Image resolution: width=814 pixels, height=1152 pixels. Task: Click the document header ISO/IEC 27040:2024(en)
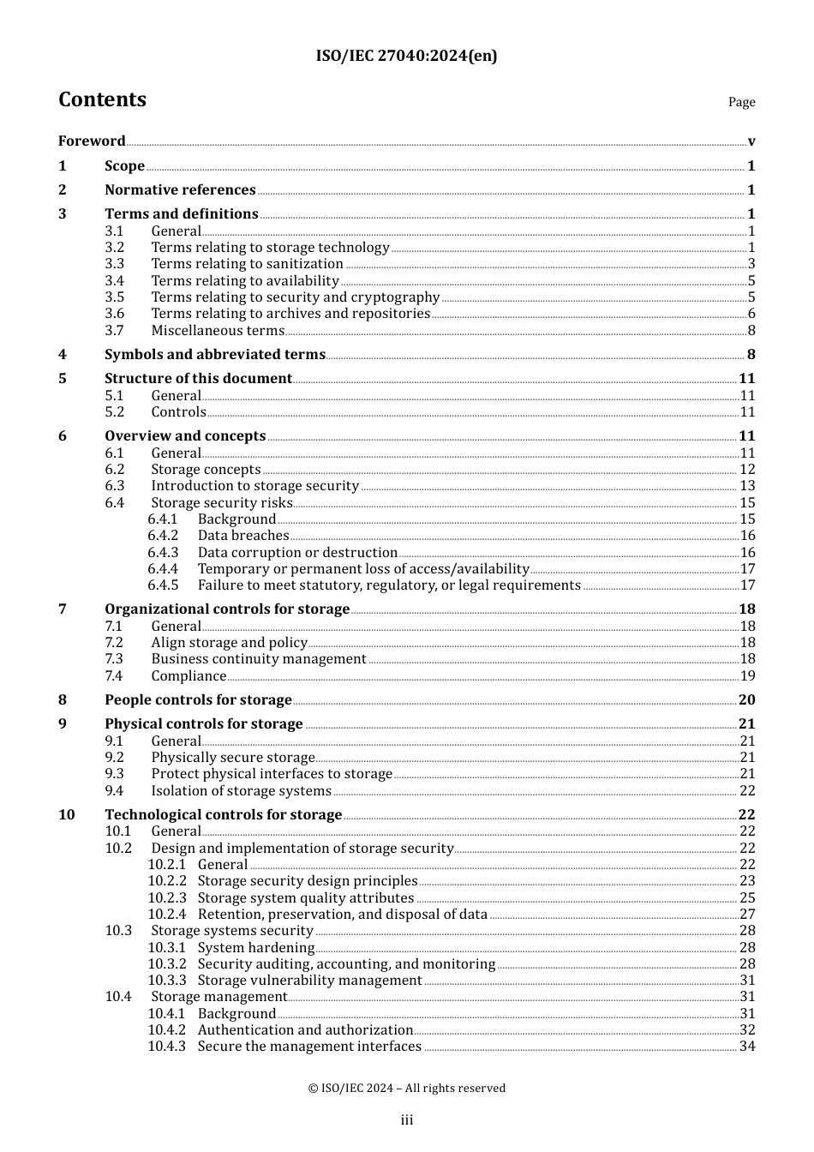[x=406, y=57]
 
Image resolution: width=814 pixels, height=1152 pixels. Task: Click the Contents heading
[x=102, y=100]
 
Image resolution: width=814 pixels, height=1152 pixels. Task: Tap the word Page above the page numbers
[x=741, y=102]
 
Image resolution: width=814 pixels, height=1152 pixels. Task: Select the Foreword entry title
[x=92, y=141]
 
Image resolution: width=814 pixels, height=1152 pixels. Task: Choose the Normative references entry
[x=180, y=190]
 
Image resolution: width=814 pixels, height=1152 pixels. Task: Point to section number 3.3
[x=115, y=264]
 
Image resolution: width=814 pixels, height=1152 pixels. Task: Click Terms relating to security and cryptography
[x=295, y=297]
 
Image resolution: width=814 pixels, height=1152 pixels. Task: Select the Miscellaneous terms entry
[x=218, y=331]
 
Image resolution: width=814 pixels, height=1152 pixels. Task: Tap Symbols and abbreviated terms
[x=215, y=355]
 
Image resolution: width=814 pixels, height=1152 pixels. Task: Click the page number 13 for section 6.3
[x=747, y=486]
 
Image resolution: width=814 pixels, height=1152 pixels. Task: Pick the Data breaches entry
[x=243, y=536]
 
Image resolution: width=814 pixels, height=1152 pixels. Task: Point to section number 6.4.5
[x=163, y=585]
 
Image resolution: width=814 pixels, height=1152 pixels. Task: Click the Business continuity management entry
[x=259, y=659]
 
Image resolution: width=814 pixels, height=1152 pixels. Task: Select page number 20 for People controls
[x=746, y=700]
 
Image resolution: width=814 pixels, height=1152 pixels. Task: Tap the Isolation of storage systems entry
[x=241, y=791]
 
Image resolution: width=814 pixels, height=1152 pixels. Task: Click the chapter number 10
[x=67, y=815]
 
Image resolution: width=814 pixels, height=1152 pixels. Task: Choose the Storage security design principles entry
[x=308, y=881]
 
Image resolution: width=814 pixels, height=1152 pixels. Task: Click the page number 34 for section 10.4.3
[x=747, y=1047]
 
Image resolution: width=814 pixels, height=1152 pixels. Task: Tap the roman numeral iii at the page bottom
[x=407, y=1120]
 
